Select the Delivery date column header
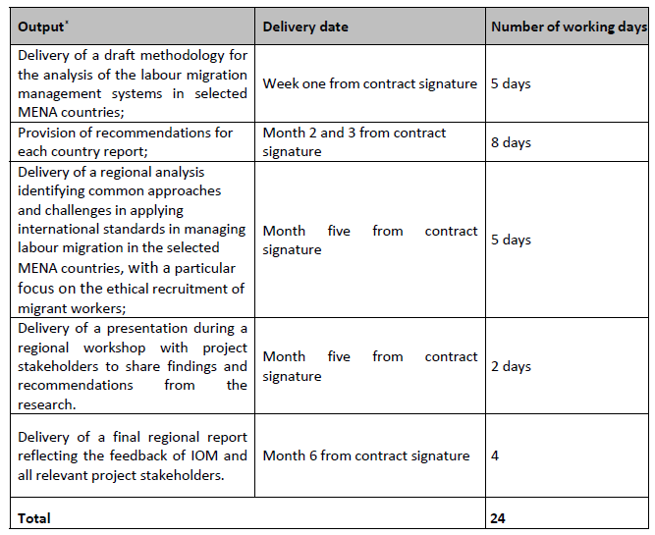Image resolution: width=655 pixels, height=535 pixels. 305,27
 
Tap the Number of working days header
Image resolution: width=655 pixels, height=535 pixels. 569,27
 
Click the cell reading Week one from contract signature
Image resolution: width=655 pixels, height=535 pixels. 369,84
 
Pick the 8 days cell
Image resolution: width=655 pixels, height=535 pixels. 511,142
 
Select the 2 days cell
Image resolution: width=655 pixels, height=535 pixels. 511,366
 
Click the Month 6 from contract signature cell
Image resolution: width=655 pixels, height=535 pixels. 365,455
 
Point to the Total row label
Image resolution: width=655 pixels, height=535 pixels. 34,517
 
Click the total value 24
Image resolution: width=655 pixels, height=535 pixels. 499,517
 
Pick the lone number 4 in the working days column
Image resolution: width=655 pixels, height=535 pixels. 495,455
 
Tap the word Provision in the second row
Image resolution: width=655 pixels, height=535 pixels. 49,133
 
